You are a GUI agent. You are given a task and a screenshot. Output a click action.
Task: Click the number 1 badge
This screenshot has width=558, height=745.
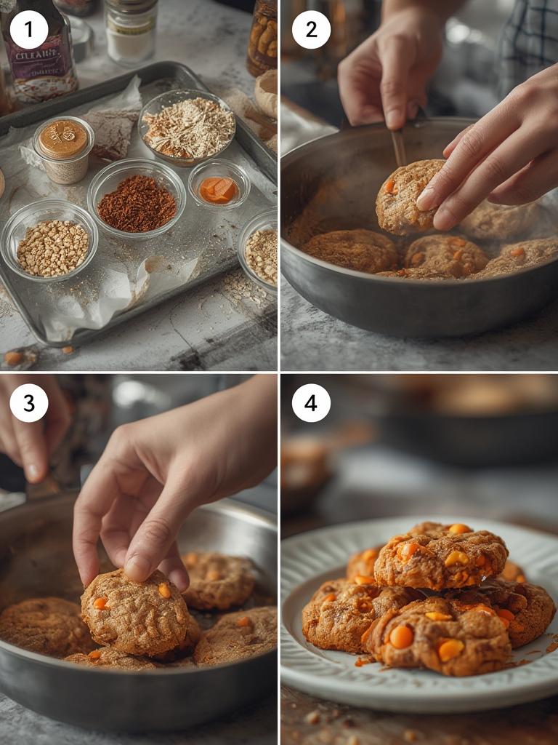[x=29, y=30]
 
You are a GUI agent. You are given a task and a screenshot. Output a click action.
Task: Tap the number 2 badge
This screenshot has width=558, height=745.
[x=311, y=30]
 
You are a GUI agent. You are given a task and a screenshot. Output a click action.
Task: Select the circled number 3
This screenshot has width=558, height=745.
[x=29, y=402]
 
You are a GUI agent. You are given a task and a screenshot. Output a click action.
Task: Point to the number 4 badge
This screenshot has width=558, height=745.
[x=311, y=402]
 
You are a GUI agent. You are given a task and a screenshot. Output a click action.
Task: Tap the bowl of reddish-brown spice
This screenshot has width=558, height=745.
[x=137, y=203]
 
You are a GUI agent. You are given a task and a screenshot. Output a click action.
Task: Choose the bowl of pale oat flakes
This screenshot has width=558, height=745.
[x=187, y=127]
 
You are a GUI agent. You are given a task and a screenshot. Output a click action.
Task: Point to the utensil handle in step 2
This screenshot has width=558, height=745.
[x=400, y=146]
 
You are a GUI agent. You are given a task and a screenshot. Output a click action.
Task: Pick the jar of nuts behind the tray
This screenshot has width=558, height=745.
[x=263, y=36]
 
